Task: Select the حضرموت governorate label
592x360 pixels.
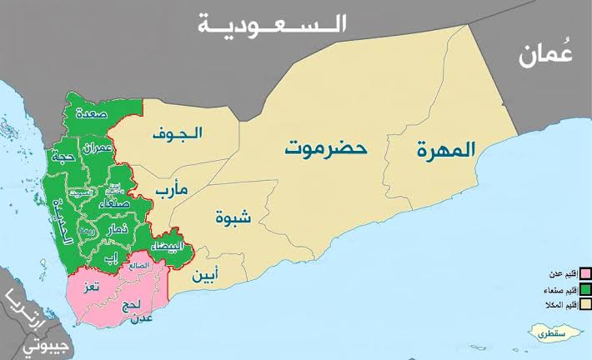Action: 326,149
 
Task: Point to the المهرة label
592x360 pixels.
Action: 447,150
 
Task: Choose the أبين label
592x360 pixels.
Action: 207,274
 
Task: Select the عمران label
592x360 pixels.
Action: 98,150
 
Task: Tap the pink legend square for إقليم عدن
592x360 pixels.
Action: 586,273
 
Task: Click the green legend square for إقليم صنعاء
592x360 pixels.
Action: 586,289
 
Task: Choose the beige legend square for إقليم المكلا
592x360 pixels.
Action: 586,305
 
